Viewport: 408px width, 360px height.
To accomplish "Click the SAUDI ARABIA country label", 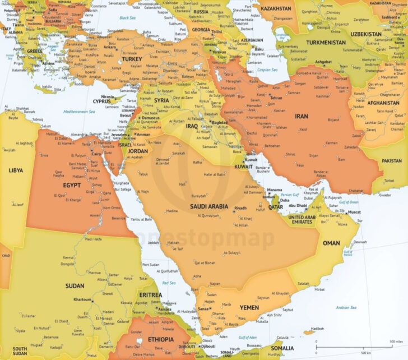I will pyautogui.click(x=210, y=206).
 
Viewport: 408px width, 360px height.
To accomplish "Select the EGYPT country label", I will pyautogui.click(x=72, y=184).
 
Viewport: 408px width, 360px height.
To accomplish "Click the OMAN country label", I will pyautogui.click(x=331, y=243).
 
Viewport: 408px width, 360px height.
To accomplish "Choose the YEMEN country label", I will pyautogui.click(x=249, y=307).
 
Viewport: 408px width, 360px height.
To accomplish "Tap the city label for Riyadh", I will pyautogui.click(x=240, y=208).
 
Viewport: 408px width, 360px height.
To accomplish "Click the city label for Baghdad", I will pyautogui.click(x=219, y=122).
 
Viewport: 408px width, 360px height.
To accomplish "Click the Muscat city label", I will pyautogui.click(x=354, y=213).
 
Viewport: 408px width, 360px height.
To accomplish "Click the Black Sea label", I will pyautogui.click(x=128, y=18).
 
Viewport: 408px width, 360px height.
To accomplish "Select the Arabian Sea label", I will pyautogui.click(x=346, y=307).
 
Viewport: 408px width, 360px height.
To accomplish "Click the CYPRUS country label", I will pyautogui.click(x=101, y=101).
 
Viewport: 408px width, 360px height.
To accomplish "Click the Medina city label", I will pyautogui.click(x=171, y=211).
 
